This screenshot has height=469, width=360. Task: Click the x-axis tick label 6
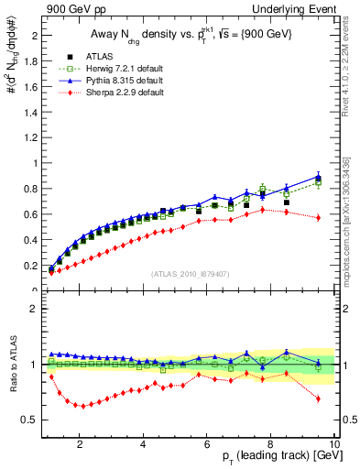(x=208, y=446)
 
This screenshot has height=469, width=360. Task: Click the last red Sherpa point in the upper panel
(x=318, y=217)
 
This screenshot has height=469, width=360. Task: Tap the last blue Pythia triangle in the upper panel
(x=318, y=176)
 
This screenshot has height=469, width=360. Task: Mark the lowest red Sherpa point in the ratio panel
(x=83, y=406)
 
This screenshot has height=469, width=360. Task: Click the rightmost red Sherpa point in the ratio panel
(x=318, y=398)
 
